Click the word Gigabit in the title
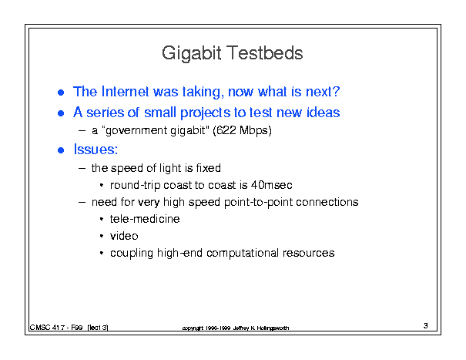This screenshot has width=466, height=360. (191, 54)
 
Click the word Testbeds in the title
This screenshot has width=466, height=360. (266, 53)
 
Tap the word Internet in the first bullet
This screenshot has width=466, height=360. (125, 91)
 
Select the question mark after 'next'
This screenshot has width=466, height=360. (336, 91)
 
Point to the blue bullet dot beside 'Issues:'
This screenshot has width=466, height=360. (61, 150)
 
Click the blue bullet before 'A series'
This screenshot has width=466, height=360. (61, 113)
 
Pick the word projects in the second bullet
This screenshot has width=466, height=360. (206, 113)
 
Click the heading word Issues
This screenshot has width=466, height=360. (94, 149)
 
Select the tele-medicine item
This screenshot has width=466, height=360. (145, 219)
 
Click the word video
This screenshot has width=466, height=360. (124, 236)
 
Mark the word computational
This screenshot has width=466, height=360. (243, 253)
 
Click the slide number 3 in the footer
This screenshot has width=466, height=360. (426, 325)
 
